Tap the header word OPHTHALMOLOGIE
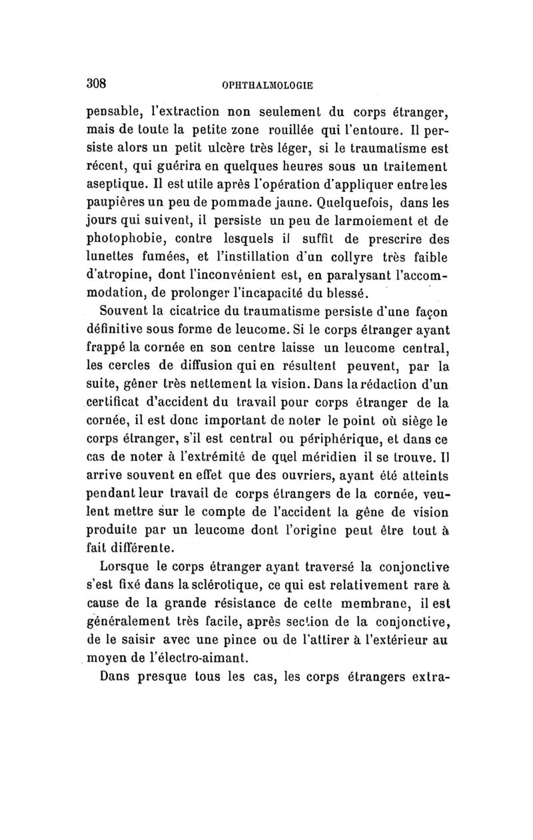tap(266, 85)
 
